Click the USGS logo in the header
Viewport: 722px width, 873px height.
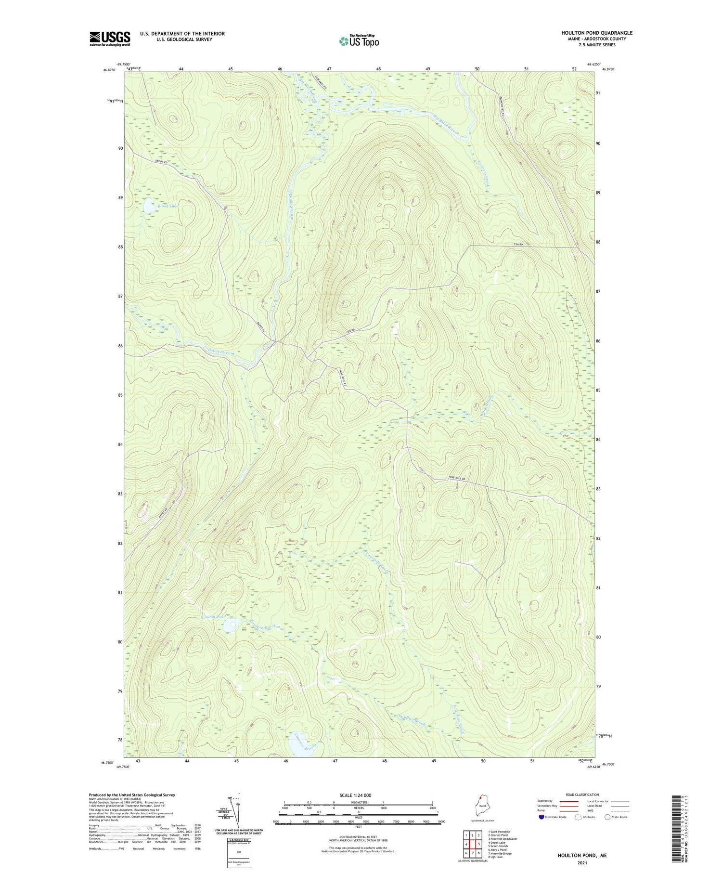110,39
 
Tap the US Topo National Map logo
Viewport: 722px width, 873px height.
359,41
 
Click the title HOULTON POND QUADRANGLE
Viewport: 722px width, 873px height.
597,33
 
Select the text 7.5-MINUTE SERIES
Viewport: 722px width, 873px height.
597,45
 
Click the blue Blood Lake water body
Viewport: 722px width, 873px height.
149,206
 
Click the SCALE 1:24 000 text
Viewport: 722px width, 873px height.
359,795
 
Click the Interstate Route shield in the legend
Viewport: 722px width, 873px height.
541,817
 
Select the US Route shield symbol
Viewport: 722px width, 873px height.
578,817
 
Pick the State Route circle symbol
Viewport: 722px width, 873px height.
607,817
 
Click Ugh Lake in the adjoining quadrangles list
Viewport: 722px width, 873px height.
495,857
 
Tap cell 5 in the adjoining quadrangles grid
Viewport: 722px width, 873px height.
479,845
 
